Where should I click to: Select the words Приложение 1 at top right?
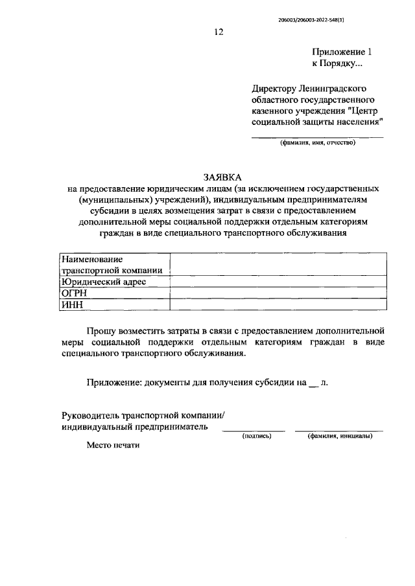343,52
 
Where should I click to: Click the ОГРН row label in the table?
74,293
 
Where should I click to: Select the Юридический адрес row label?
104,282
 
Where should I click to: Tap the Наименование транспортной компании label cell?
114,265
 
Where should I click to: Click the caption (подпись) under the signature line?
255,436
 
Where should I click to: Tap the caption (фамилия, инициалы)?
340,436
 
